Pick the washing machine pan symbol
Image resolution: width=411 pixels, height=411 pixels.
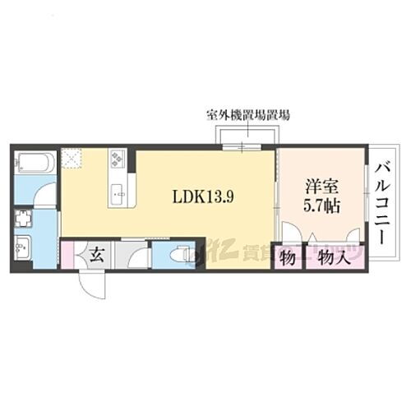(23, 219)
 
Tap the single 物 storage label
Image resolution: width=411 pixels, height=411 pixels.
(288, 258)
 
